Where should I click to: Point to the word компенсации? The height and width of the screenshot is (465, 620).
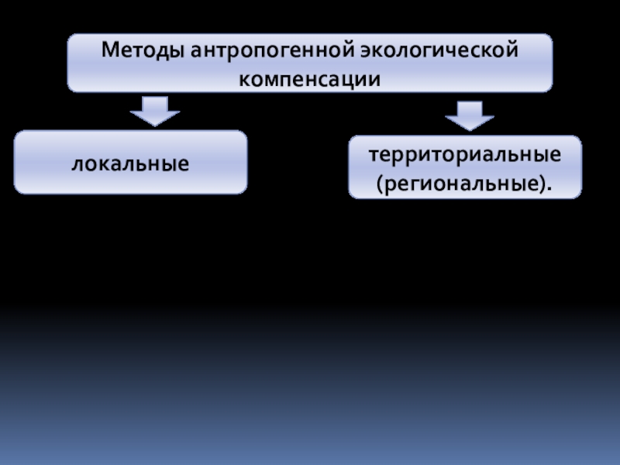310,78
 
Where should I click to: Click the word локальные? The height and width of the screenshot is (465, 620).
131,164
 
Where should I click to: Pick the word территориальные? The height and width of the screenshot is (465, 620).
464,154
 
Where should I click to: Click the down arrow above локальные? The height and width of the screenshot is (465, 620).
154,110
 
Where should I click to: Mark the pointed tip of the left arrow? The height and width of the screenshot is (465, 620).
154,126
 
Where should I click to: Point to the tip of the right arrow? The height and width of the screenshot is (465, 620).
469,129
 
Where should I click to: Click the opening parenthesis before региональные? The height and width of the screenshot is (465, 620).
379,184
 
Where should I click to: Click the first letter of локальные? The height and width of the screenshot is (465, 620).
77,164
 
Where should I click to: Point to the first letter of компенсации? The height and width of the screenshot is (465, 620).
243,79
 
